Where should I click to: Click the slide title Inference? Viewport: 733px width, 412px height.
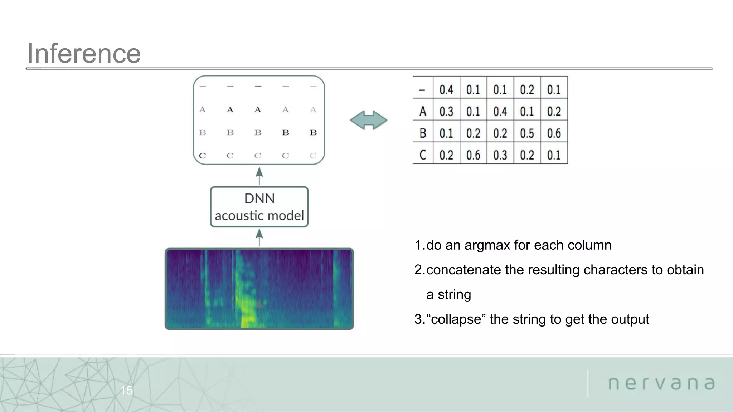(x=84, y=54)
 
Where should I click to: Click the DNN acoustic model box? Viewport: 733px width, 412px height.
(x=259, y=207)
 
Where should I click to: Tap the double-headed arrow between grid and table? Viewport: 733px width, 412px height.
(x=368, y=120)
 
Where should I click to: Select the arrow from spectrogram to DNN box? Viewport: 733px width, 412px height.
(x=259, y=237)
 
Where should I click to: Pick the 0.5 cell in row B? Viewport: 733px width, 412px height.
(x=527, y=133)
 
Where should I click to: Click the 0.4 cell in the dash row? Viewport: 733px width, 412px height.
(x=446, y=90)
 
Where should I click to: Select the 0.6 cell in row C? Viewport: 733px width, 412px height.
(x=473, y=155)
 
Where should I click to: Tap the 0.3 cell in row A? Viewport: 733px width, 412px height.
(x=446, y=112)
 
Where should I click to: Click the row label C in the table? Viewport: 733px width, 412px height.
(x=423, y=155)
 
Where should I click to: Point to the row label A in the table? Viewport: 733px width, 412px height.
(x=423, y=112)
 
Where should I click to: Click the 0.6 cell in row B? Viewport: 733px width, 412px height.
(x=554, y=133)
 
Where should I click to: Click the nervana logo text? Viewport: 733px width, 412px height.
(x=661, y=383)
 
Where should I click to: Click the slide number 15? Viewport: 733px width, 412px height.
(x=126, y=390)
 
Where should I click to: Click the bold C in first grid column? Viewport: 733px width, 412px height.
(x=202, y=156)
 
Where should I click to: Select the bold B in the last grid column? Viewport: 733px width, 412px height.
(x=313, y=133)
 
